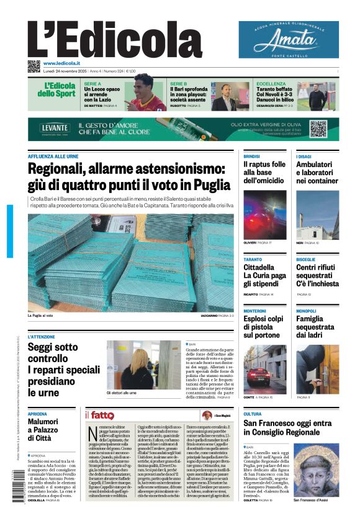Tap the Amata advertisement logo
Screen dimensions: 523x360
pyautogui.click(x=289, y=39)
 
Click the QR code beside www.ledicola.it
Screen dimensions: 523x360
pyautogui.click(x=34, y=66)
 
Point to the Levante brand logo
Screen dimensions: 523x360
pyautogui.click(x=55, y=128)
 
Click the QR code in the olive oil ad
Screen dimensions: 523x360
pyautogui.click(x=318, y=129)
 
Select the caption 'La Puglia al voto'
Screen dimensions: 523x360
pyautogui.click(x=40, y=316)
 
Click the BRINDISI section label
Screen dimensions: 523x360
pyautogui.click(x=251, y=156)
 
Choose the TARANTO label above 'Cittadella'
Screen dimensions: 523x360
pyautogui.click(x=253, y=259)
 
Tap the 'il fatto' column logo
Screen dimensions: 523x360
pyautogui.click(x=99, y=415)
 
